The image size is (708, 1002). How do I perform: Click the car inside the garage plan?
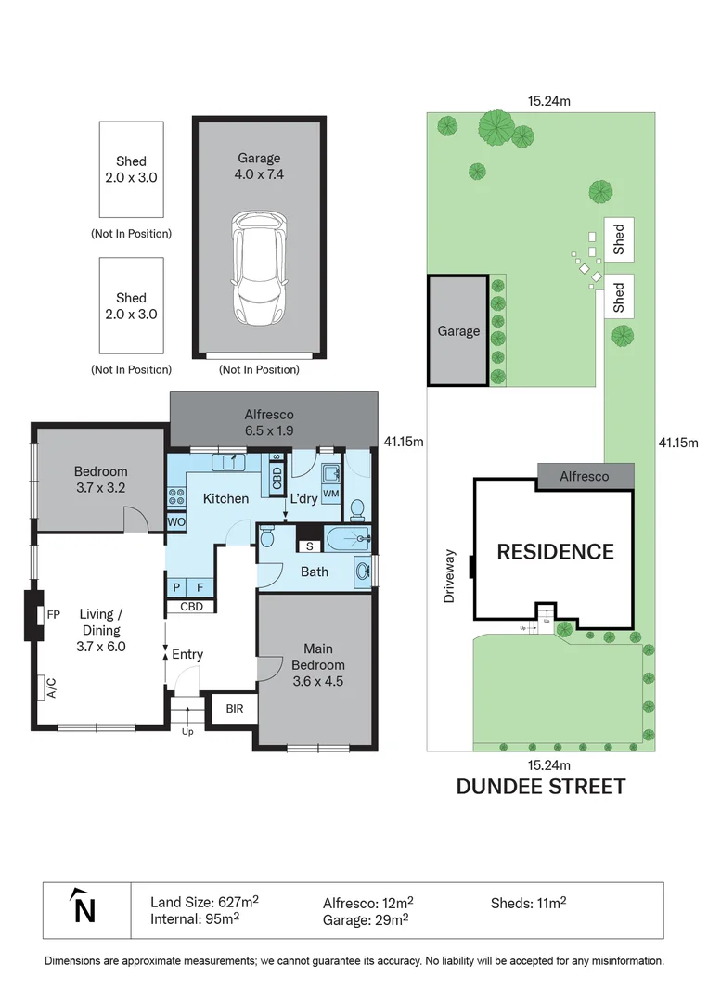tap(259, 266)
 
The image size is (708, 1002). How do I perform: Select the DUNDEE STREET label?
tap(540, 787)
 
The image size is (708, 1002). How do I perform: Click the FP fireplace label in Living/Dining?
tap(53, 614)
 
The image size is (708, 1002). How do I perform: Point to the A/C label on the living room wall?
tap(50, 687)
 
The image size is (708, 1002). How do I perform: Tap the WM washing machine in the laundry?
tap(331, 493)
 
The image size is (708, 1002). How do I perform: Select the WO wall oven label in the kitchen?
tap(175, 522)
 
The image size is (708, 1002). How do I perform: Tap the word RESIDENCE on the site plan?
tap(555, 552)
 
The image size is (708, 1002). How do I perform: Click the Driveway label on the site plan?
tap(449, 576)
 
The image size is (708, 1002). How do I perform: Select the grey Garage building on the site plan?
tap(458, 330)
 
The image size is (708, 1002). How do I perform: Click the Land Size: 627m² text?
tap(204, 901)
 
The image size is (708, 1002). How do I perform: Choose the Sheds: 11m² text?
tap(528, 901)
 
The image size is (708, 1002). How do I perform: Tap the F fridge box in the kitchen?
tap(200, 587)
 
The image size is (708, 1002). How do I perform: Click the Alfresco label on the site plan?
tap(584, 476)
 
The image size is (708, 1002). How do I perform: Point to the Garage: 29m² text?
tap(366, 919)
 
